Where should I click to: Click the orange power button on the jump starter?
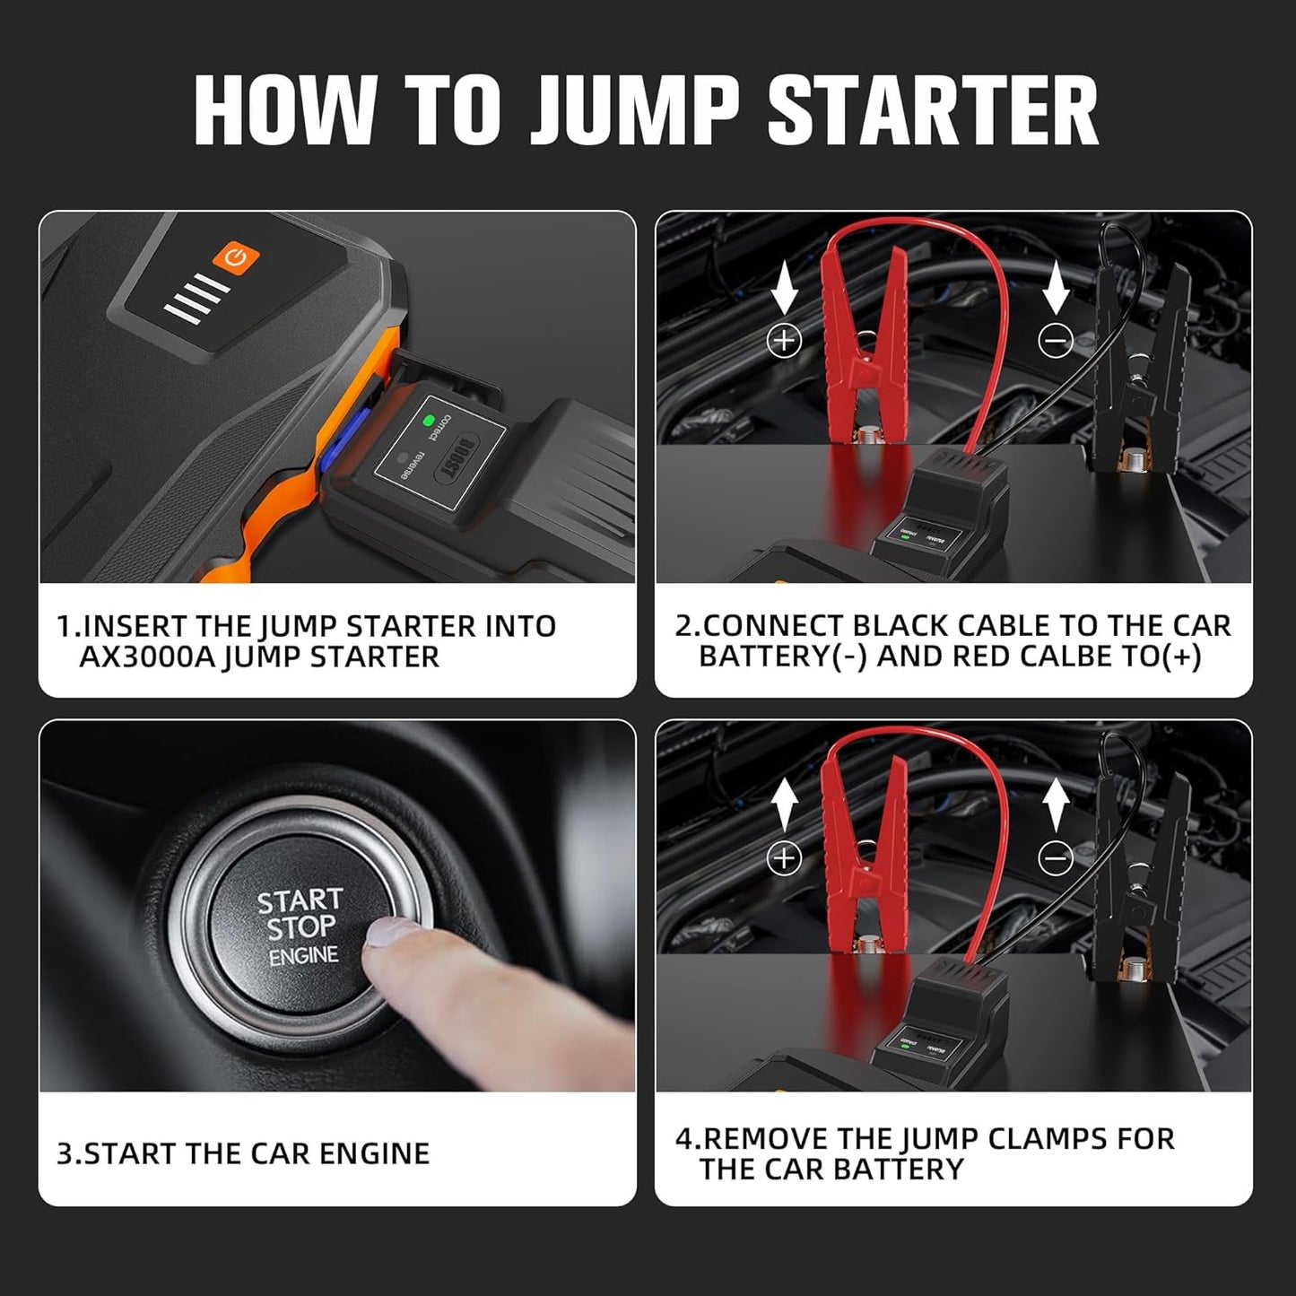tap(236, 257)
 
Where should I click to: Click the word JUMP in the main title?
tap(633, 111)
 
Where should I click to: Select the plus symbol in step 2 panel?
tap(785, 340)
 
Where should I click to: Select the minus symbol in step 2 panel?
tap(1056, 340)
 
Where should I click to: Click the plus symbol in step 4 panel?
tap(785, 858)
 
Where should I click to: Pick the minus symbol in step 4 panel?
tap(1056, 858)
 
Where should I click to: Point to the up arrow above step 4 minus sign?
tap(1056, 805)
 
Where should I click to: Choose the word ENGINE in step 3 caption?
tap(374, 1153)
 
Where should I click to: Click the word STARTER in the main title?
tap(933, 111)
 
